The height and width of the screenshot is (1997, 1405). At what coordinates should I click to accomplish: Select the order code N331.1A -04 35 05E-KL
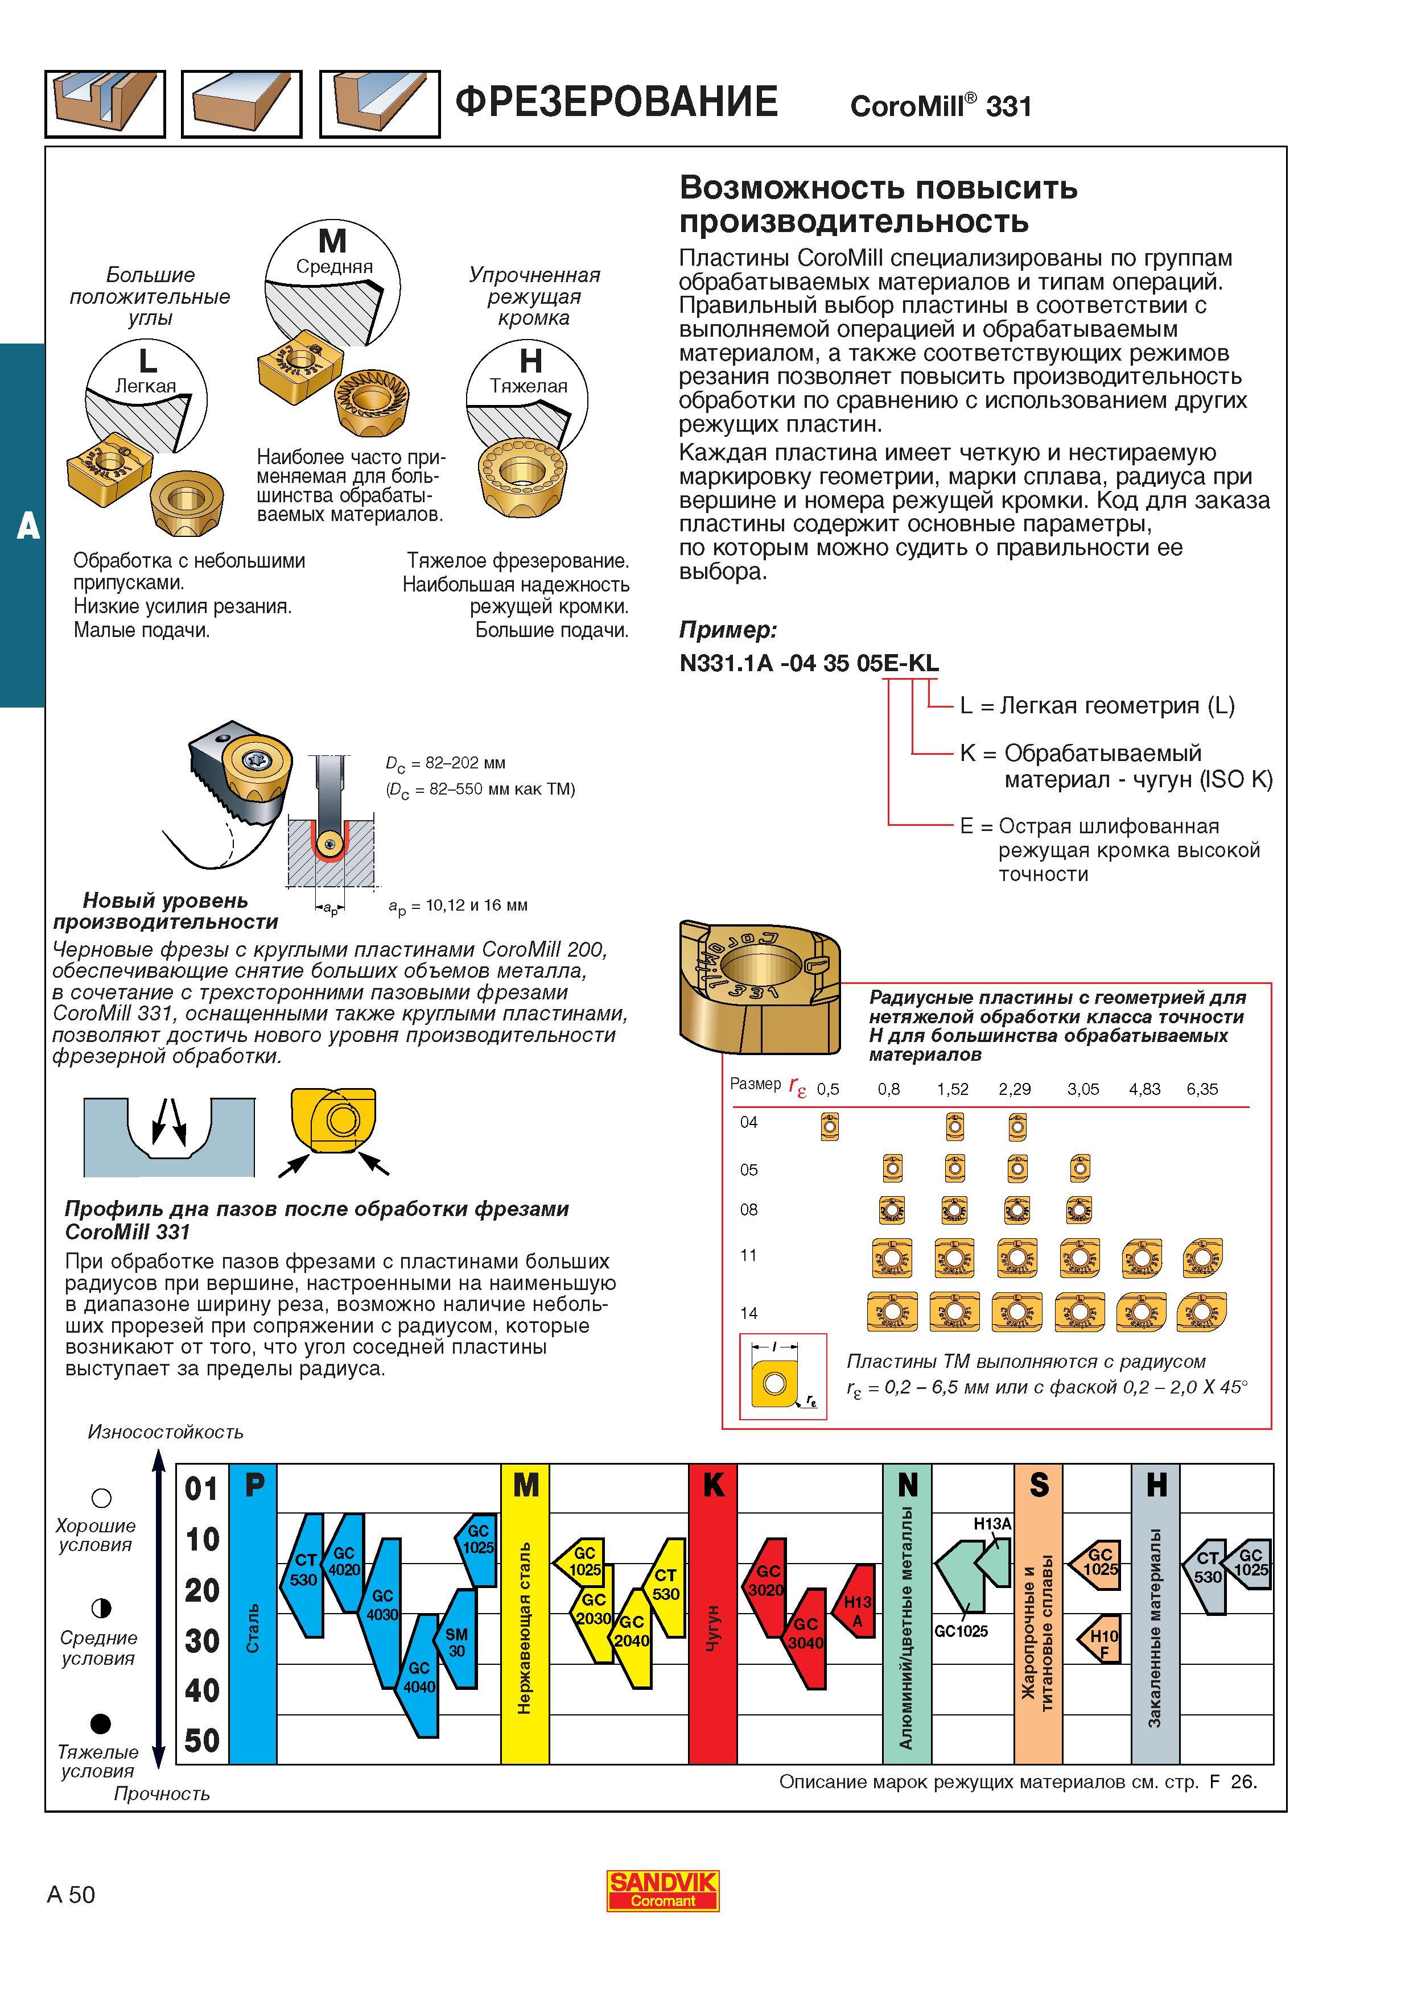(x=809, y=663)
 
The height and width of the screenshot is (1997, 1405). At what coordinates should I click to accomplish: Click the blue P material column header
(x=253, y=1484)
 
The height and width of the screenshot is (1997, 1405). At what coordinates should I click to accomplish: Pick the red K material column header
(x=712, y=1484)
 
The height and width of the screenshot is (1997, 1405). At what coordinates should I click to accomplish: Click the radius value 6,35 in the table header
(x=1202, y=1089)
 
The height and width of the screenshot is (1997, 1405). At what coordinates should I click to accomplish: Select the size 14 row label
(x=749, y=1313)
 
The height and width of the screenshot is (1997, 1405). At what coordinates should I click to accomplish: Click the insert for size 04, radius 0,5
(x=829, y=1128)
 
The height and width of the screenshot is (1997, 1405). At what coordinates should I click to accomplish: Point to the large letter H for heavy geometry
(x=530, y=360)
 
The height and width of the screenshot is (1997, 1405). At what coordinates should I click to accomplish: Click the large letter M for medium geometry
(x=332, y=240)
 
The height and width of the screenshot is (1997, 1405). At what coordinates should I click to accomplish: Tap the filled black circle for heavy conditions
(x=101, y=1722)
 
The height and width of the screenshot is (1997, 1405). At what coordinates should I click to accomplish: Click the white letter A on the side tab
(x=28, y=526)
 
